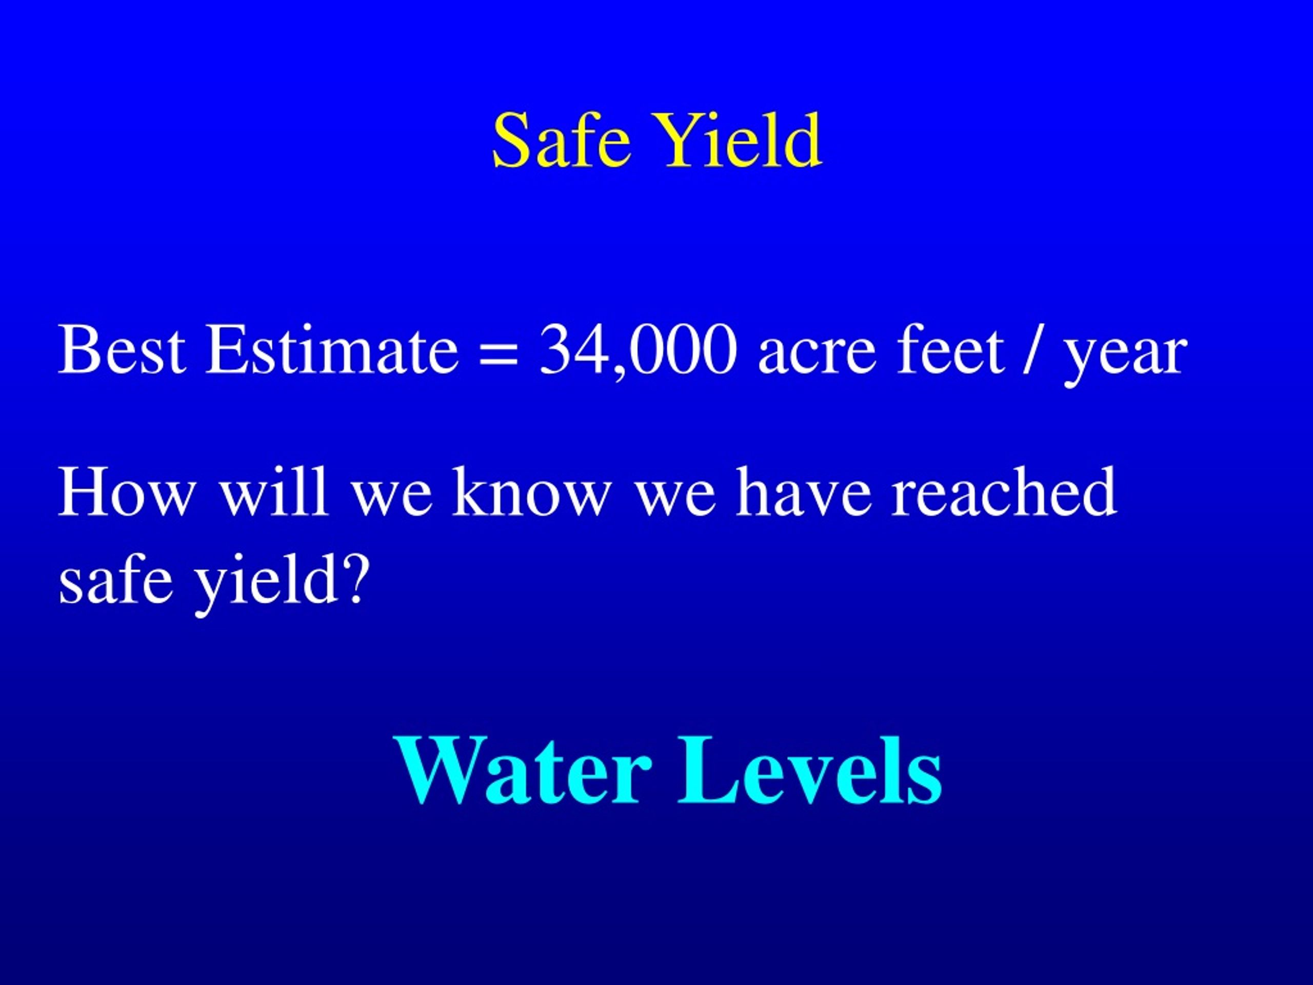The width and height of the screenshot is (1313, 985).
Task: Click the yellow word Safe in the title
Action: coord(561,141)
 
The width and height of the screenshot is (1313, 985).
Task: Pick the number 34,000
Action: coord(638,351)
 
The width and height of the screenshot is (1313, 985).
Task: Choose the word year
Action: coord(1125,356)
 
